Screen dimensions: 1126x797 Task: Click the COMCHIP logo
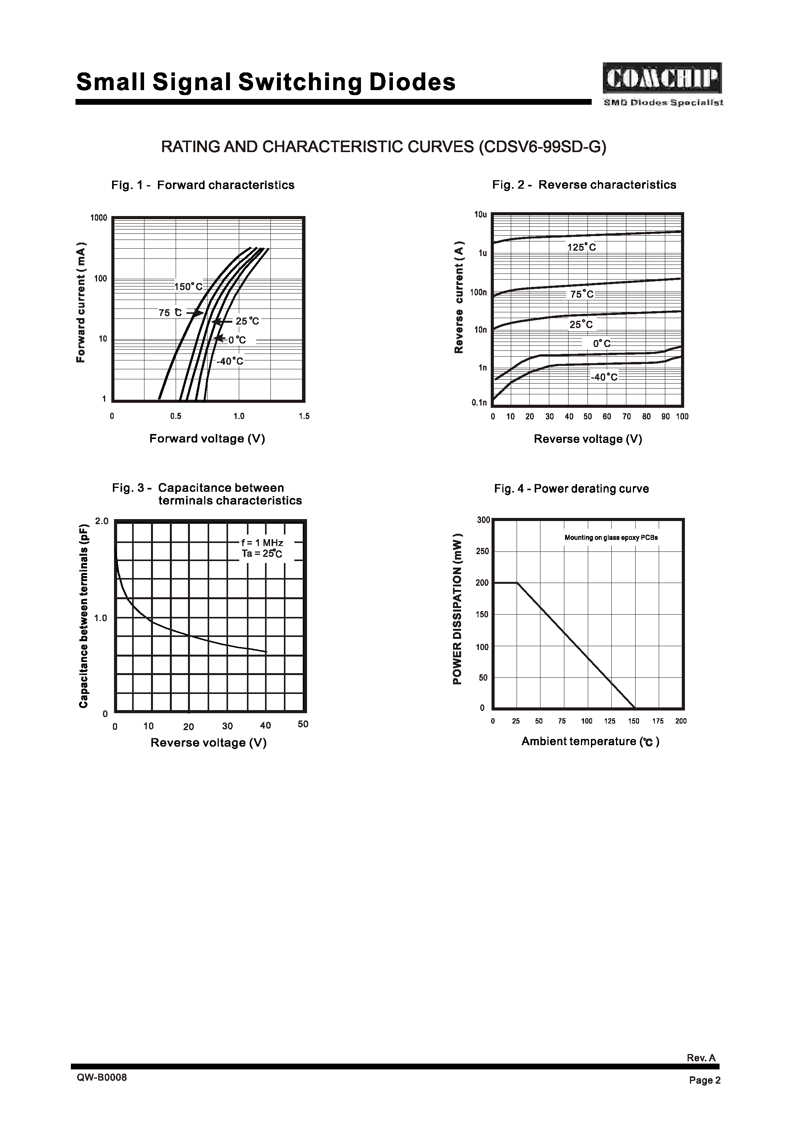[x=662, y=79]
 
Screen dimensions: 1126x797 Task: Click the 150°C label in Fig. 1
[x=188, y=287]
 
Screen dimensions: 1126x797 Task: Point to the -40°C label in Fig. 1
[x=230, y=362]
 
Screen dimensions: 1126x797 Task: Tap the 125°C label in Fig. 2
[x=582, y=248]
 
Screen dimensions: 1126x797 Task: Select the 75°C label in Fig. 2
[x=582, y=294]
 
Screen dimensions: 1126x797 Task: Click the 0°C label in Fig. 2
[x=602, y=344]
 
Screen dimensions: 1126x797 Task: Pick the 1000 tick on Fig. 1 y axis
[x=99, y=218]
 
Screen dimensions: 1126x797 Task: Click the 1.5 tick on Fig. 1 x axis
[x=304, y=417]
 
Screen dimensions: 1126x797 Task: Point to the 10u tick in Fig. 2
[x=480, y=215]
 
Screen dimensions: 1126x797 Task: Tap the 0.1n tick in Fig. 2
[x=479, y=403]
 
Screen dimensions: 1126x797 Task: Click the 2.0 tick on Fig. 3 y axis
[x=102, y=521]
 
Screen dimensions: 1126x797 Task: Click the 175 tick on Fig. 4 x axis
[x=658, y=721]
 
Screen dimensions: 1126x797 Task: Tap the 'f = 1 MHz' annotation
[x=262, y=543]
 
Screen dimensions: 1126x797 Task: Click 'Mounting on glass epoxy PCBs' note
[x=611, y=538]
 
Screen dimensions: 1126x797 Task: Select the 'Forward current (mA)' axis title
[x=81, y=303]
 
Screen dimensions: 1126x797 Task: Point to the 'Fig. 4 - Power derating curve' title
[x=571, y=489]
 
